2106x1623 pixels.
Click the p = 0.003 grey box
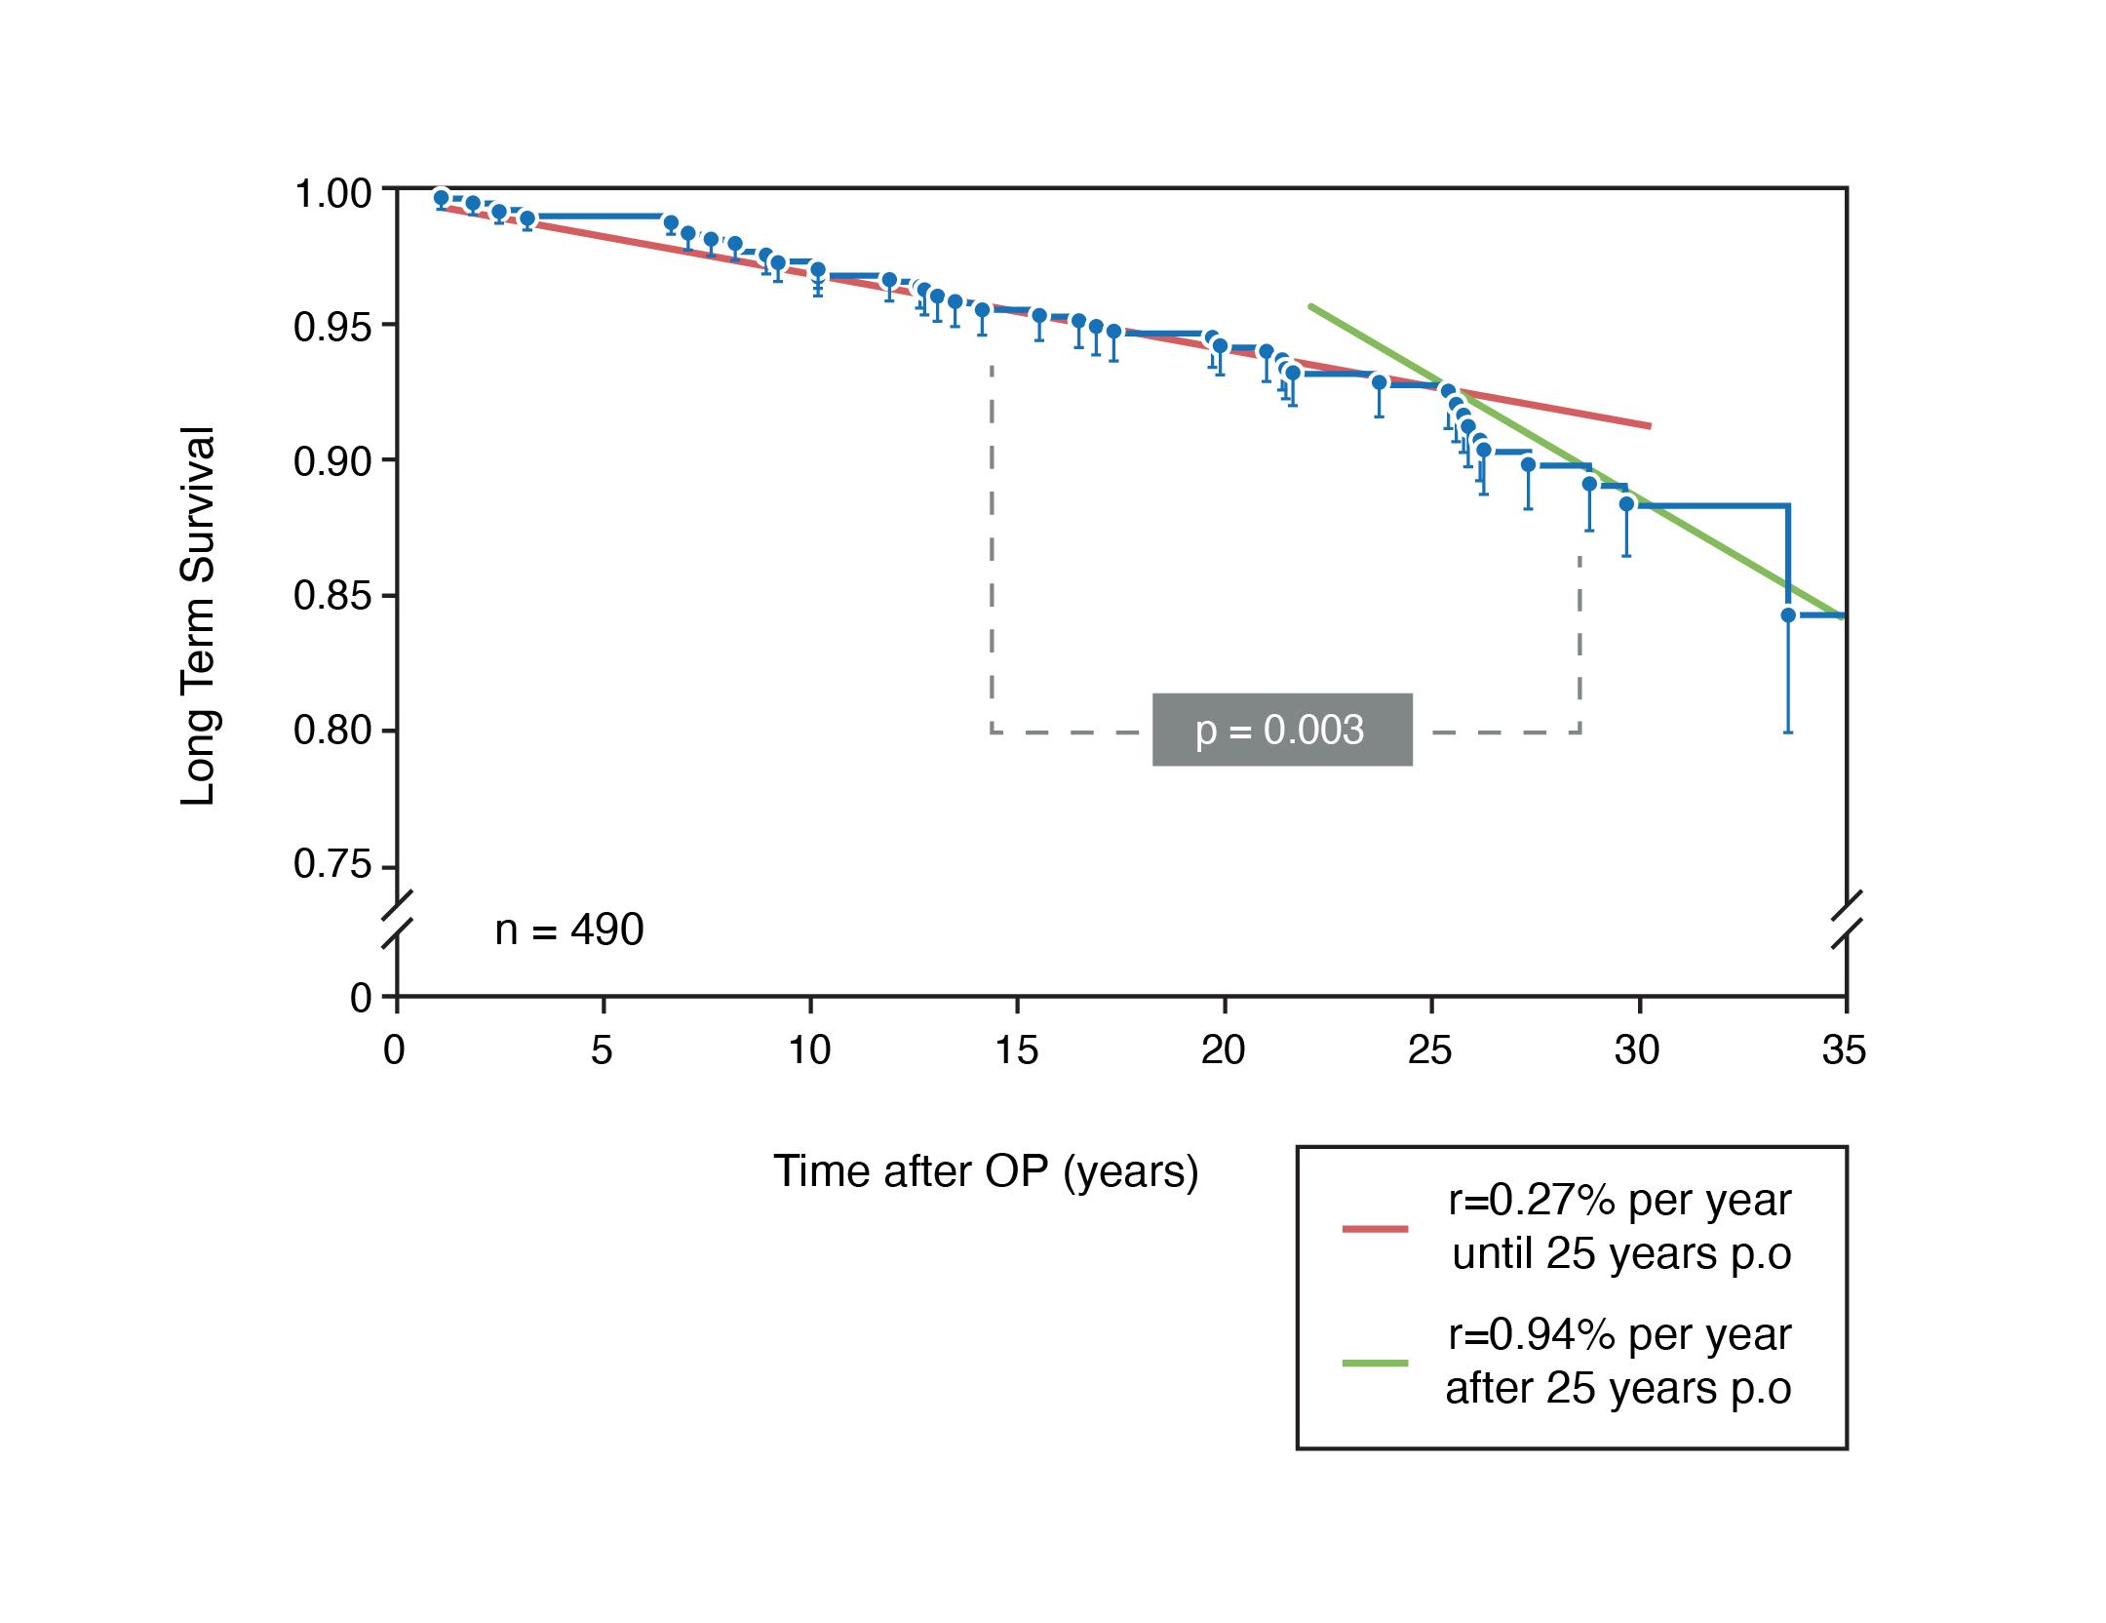[x=1281, y=730]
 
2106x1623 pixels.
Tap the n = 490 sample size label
[x=569, y=930]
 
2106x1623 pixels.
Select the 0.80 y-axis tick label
[x=332, y=731]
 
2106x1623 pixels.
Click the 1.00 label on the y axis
[x=332, y=194]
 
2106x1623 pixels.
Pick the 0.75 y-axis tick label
[x=332, y=865]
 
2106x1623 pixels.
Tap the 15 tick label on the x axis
[x=1016, y=1050]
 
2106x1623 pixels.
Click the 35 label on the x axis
[x=1843, y=1050]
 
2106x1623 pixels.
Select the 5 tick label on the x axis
[x=602, y=1050]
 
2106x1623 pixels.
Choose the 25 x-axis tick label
[x=1429, y=1050]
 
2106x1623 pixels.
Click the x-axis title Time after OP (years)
[x=986, y=1170]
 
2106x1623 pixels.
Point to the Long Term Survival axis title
[x=198, y=616]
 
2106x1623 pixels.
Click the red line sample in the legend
[x=1375, y=1228]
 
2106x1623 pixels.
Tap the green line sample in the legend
[x=1375, y=1363]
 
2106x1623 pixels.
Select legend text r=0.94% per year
[x=1618, y=1334]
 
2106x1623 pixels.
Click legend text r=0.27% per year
[x=1618, y=1201]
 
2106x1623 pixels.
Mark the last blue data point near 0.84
[x=1788, y=615]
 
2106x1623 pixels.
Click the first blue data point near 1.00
[x=441, y=197]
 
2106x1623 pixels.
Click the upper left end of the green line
[x=1311, y=306]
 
